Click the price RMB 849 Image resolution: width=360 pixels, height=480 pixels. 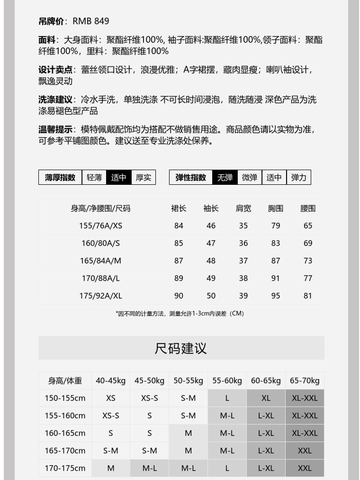click(x=91, y=21)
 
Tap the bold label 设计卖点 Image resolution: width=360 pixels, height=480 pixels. click(x=55, y=70)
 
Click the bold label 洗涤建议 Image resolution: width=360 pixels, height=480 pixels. click(x=55, y=100)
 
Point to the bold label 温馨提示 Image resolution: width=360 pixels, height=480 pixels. click(x=55, y=130)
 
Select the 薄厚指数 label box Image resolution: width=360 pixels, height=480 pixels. click(x=60, y=178)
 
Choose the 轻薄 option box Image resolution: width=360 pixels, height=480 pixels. click(x=94, y=178)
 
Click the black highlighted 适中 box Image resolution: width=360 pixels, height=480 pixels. click(x=119, y=178)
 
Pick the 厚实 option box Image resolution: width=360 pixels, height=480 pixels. click(x=143, y=178)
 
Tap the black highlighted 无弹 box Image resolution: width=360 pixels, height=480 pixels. click(x=225, y=178)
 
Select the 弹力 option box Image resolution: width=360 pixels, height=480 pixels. click(x=299, y=178)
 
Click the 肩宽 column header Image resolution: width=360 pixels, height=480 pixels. click(x=243, y=208)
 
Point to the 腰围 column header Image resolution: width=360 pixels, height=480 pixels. click(x=308, y=208)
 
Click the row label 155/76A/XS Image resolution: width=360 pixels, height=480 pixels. click(x=101, y=226)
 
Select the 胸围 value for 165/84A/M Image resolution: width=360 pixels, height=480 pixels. click(x=276, y=261)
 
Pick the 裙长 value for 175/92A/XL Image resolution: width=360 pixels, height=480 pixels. click(x=179, y=296)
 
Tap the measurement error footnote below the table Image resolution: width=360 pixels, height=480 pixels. click(x=180, y=313)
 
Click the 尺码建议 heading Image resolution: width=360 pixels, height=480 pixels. click(x=181, y=348)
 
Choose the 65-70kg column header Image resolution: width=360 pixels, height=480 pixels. click(x=304, y=381)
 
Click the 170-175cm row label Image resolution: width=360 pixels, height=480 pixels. click(x=65, y=468)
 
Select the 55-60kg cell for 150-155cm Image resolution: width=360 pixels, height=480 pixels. click(x=227, y=398)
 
